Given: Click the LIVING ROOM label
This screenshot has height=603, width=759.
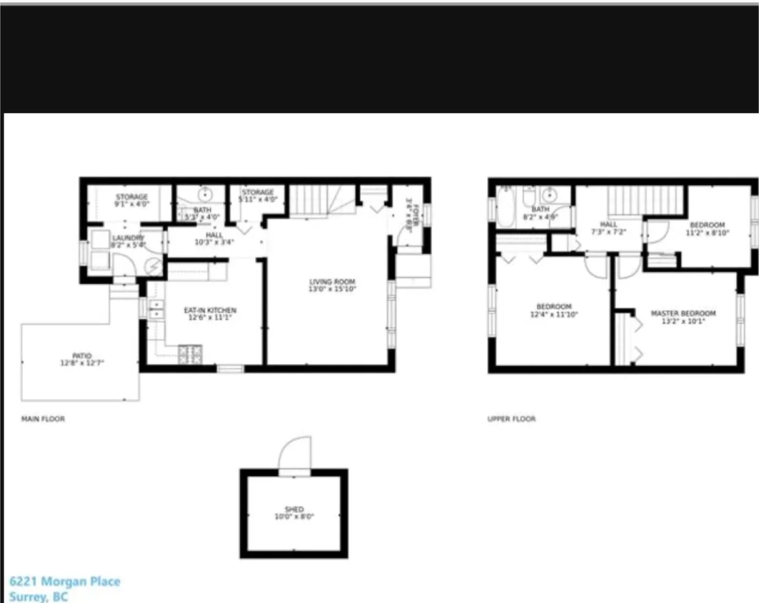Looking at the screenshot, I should (x=332, y=282).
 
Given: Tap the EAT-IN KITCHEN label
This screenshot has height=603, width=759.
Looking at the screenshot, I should (x=210, y=310).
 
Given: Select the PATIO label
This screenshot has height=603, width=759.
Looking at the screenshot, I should (x=82, y=356).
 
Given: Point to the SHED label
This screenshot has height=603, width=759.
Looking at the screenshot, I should (x=294, y=509).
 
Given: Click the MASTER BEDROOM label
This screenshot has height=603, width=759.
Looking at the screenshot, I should (x=683, y=313).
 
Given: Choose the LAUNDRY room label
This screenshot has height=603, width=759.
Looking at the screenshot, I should (x=128, y=238).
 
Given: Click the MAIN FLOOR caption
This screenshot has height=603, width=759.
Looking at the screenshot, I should (x=43, y=419).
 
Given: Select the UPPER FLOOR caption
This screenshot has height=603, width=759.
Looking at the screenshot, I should (x=511, y=419).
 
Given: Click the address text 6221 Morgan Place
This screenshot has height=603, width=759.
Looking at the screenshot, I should (x=65, y=581).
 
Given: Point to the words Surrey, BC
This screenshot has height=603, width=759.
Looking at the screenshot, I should (x=38, y=597).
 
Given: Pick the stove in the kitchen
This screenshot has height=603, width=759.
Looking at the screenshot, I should (x=190, y=355).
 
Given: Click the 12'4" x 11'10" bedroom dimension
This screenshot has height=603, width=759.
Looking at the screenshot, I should (x=554, y=315).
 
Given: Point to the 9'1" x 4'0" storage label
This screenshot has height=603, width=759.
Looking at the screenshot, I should (x=132, y=203).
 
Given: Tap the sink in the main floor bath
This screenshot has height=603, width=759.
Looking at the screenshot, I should (x=205, y=195).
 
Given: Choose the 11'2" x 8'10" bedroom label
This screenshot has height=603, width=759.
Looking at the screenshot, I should (x=707, y=232).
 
